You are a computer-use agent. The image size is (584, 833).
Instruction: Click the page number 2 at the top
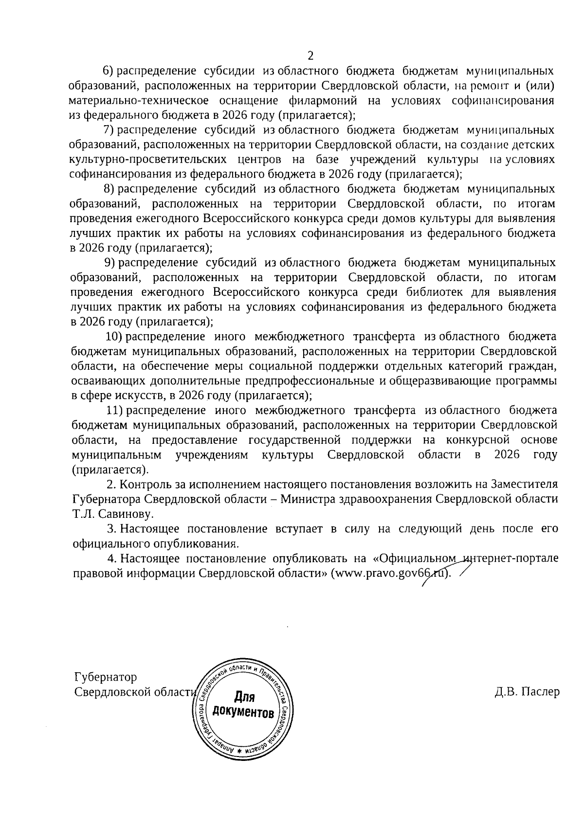point(310,55)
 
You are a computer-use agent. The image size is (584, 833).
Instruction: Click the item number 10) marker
point(116,337)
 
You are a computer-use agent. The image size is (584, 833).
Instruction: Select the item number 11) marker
point(116,410)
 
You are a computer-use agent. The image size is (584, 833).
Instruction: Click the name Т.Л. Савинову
point(112,513)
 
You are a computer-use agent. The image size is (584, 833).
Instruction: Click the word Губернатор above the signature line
point(105,677)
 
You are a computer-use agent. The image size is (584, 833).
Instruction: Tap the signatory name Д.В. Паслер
point(527,692)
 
